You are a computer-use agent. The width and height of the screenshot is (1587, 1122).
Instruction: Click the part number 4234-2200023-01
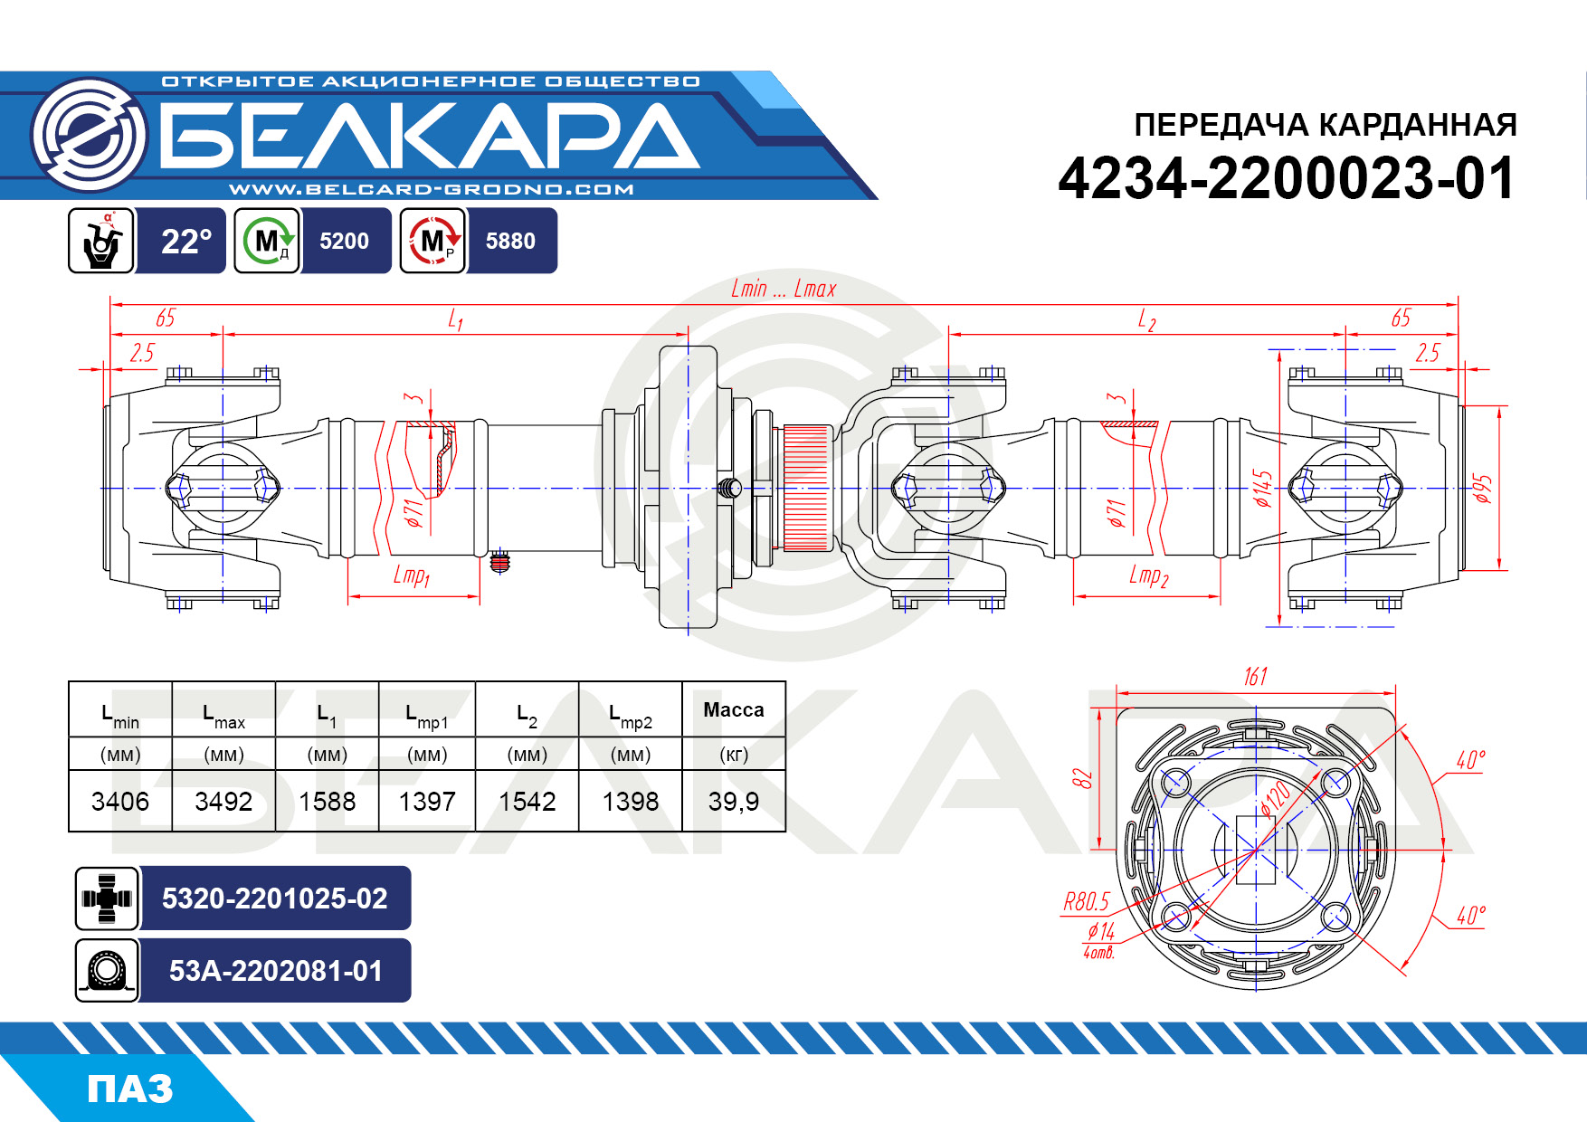[x=1286, y=178]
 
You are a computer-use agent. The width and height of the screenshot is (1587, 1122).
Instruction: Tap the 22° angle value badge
[x=185, y=241]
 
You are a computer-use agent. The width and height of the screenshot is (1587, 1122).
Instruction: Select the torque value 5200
[x=344, y=241]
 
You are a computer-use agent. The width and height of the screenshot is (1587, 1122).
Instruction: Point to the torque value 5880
[x=510, y=241]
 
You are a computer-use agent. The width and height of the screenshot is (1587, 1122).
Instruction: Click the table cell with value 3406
[x=120, y=802]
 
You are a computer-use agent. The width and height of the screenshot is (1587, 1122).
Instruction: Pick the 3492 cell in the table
[x=223, y=802]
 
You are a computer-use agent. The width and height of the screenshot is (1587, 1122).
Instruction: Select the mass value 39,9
[x=734, y=802]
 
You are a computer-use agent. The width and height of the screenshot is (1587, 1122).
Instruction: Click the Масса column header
[x=734, y=710]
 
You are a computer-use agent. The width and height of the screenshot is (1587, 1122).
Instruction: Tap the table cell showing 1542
[x=527, y=802]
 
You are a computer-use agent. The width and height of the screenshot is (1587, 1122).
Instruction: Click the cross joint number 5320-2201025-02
[x=275, y=899]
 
